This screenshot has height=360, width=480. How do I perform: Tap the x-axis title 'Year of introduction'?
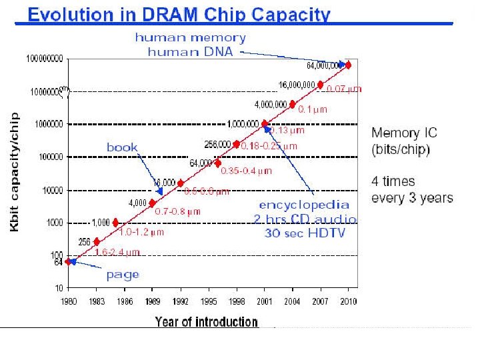click(206, 323)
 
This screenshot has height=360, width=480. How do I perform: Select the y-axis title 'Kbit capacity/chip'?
click(15, 172)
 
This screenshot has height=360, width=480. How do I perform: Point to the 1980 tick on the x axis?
click(68, 301)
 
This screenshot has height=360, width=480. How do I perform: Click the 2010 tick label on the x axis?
click(348, 301)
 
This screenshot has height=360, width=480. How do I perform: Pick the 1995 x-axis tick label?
click(208, 301)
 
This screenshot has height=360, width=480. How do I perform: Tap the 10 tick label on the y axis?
click(58, 288)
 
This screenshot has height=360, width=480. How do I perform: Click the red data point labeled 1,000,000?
click(265, 124)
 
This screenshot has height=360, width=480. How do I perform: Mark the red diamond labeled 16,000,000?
click(321, 85)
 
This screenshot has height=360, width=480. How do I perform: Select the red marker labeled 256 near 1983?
click(97, 241)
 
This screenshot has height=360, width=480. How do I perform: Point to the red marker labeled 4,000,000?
click(293, 105)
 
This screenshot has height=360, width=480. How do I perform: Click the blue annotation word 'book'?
click(122, 147)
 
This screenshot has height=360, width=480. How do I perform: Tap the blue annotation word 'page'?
click(123, 274)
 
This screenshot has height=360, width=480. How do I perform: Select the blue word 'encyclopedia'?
click(304, 205)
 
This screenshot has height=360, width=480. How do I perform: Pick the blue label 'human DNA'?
click(191, 52)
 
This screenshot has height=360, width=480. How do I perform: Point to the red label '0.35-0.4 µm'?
click(247, 171)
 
